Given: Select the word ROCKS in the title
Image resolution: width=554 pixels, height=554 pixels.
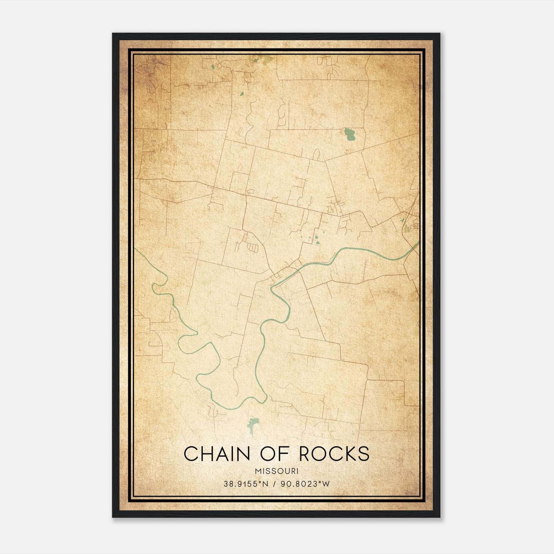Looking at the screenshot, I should pyautogui.click(x=334, y=454).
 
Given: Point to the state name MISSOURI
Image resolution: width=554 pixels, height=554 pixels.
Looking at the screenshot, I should pyautogui.click(x=277, y=471).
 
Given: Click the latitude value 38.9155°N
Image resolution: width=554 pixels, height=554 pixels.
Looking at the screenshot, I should pyautogui.click(x=246, y=484).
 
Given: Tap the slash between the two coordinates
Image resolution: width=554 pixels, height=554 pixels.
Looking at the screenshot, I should pyautogui.click(x=274, y=484).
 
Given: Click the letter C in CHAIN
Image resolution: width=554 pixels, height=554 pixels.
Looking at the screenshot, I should pyautogui.click(x=191, y=454).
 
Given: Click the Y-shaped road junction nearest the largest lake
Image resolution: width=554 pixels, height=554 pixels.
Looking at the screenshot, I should pyautogui.click(x=325, y=161).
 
